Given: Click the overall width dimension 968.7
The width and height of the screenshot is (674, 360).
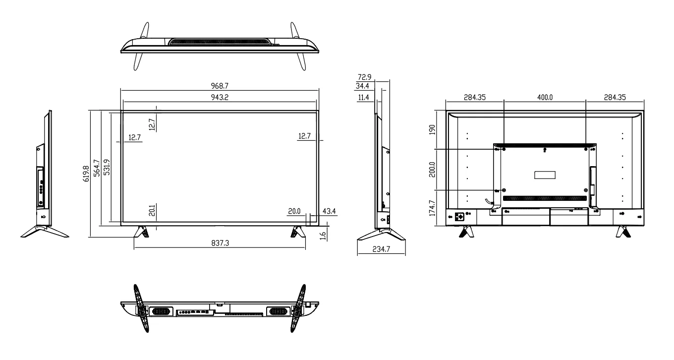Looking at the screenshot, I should click(220, 86).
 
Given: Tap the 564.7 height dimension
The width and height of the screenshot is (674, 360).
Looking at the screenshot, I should click(98, 168).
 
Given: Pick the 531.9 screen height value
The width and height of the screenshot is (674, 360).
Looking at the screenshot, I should click(106, 168).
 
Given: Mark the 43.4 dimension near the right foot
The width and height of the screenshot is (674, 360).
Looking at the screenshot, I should click(330, 212).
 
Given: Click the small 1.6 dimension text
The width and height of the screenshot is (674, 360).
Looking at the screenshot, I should click(323, 236).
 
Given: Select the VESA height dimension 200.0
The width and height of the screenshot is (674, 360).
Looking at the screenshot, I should click(433, 170).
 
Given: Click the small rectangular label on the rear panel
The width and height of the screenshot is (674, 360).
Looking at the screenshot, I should click(545, 175).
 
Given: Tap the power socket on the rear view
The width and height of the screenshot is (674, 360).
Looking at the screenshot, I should click(459, 217).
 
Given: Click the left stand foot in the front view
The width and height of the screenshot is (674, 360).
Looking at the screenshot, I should click(142, 232).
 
